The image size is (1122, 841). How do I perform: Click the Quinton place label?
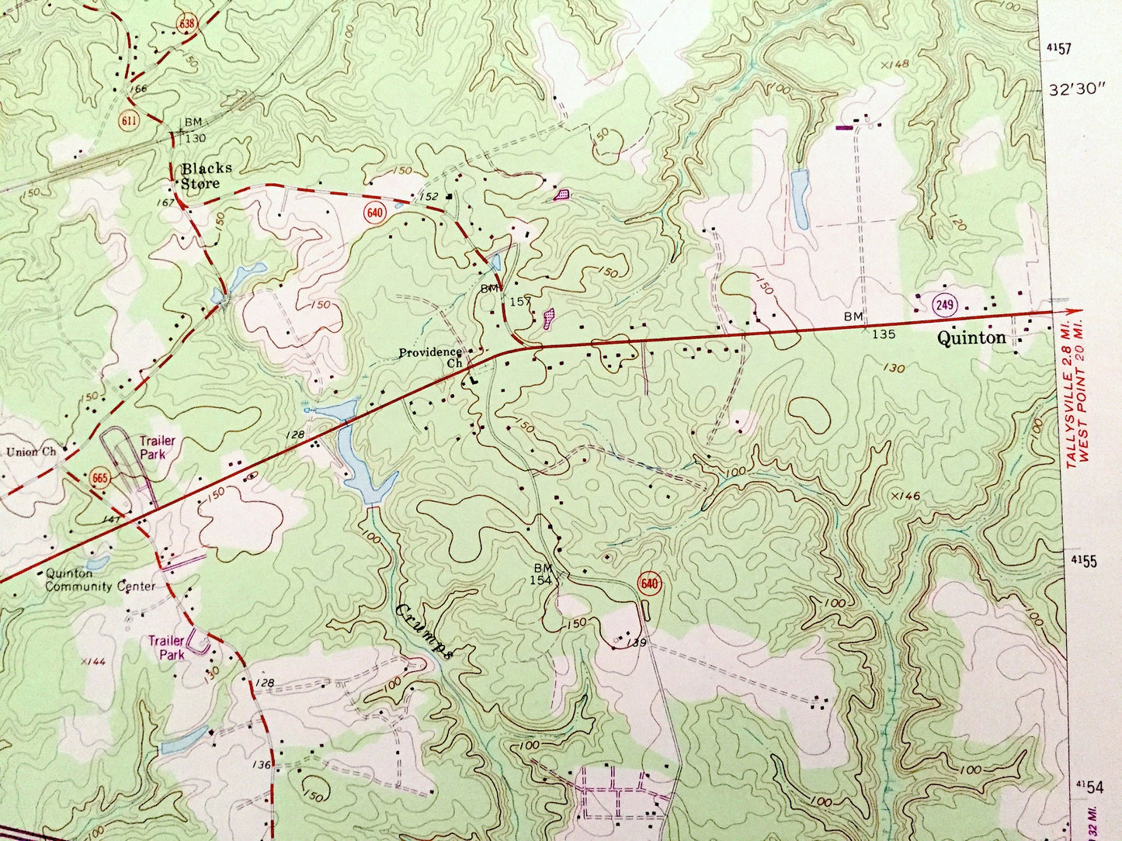[x=971, y=337]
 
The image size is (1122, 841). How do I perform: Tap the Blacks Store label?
[x=206, y=176]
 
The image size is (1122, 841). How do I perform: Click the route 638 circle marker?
[x=185, y=23]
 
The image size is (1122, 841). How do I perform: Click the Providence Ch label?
[x=432, y=357]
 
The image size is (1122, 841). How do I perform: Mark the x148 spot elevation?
[x=894, y=64]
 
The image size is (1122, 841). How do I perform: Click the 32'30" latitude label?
[x=1075, y=89]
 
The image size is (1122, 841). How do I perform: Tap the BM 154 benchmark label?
[x=541, y=574]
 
